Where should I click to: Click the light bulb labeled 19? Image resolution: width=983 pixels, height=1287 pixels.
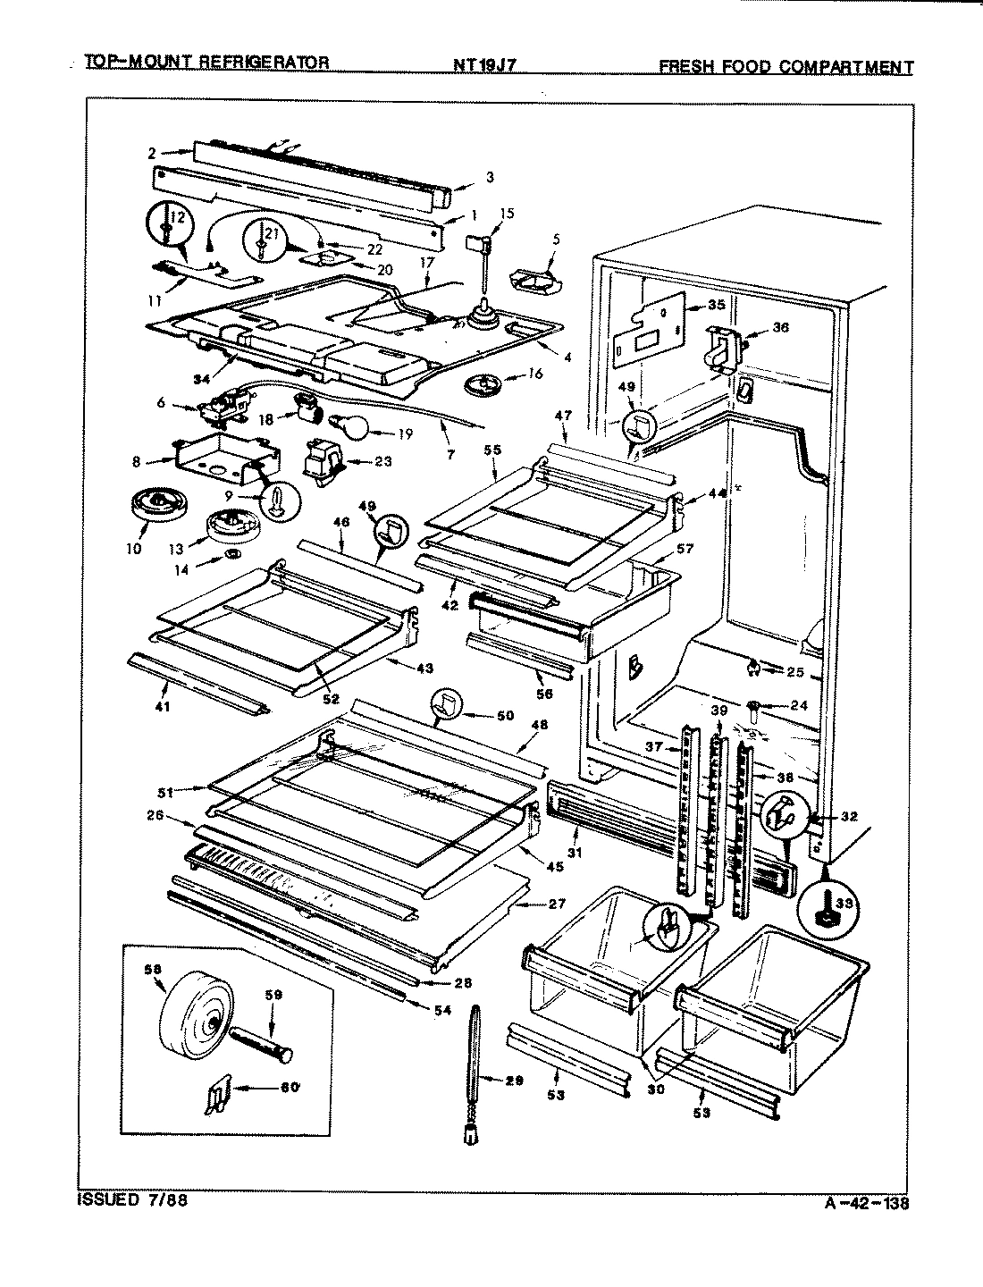(x=350, y=426)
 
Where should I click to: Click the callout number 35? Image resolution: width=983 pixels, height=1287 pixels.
(x=716, y=305)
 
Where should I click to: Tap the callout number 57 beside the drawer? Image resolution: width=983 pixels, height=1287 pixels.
(x=685, y=549)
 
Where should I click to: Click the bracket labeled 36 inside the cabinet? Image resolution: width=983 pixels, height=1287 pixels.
(x=725, y=348)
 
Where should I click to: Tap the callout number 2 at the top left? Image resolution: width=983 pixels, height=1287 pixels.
(x=152, y=153)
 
